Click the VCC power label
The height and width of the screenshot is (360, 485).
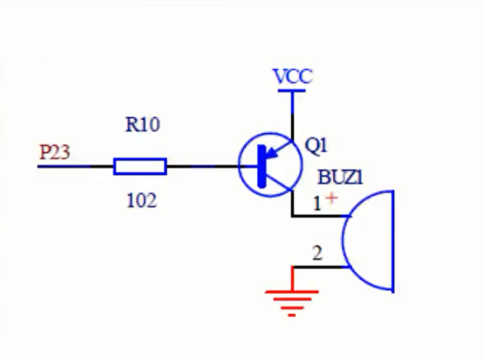(292, 77)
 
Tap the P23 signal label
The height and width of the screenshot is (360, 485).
(55, 152)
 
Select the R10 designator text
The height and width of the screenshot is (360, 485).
(143, 124)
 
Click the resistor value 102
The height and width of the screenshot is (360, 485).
(142, 200)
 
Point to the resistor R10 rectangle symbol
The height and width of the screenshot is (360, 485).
(140, 167)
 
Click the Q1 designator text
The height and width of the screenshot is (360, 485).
(316, 145)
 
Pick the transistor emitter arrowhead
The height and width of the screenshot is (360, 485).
(273, 152)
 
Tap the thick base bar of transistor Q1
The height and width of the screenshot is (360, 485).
(262, 166)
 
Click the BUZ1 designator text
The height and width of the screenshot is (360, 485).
(340, 178)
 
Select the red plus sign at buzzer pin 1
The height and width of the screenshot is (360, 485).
(331, 198)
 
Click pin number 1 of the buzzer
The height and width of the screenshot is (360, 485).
(317, 204)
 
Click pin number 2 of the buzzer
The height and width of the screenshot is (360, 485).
(317, 253)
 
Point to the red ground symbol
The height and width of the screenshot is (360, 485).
(292, 297)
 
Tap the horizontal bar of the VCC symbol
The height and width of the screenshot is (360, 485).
(292, 91)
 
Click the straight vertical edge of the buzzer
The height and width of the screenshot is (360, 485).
(393, 241)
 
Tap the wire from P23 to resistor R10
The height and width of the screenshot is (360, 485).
(76, 167)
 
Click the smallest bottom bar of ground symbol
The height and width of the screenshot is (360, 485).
(292, 316)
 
